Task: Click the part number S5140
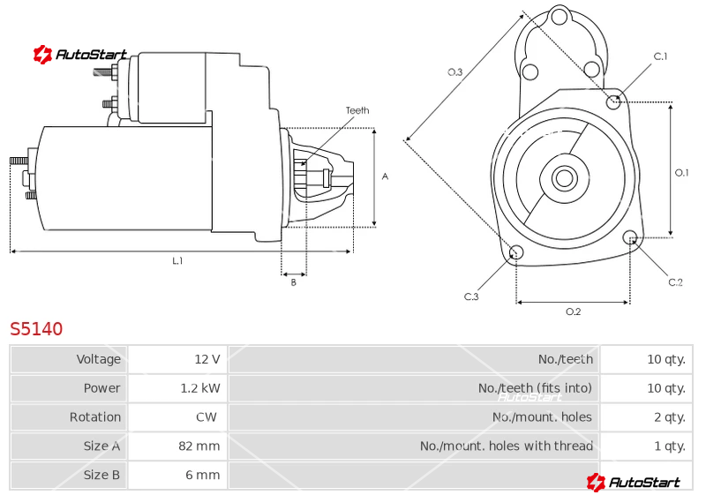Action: [x=36, y=329]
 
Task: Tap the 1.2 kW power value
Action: [x=200, y=388]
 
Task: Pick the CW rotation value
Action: [x=207, y=417]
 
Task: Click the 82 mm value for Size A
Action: [x=199, y=446]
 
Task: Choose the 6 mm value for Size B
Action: [x=203, y=475]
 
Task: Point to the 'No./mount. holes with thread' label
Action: [x=506, y=446]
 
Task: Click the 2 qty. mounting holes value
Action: [x=670, y=417]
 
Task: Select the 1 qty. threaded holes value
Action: [x=670, y=446]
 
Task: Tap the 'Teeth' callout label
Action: [x=357, y=110]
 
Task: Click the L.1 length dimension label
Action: [x=177, y=260]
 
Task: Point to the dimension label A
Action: [x=385, y=176]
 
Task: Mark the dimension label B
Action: [x=294, y=282]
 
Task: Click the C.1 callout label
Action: [x=660, y=56]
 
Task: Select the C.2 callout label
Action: [x=675, y=282]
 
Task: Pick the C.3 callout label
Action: [x=471, y=296]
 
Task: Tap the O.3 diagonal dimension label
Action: [x=454, y=72]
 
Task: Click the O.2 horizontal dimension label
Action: [x=573, y=311]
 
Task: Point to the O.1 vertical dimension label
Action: [x=681, y=172]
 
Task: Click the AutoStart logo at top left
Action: [x=80, y=55]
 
